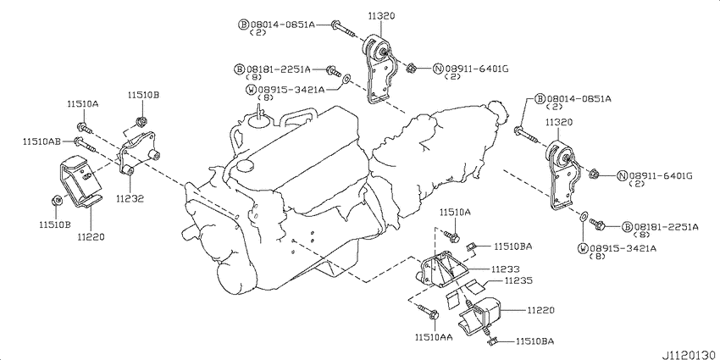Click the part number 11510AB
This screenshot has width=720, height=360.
tap(42, 142)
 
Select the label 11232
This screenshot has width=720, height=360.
tap(130, 199)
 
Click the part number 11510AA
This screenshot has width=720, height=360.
tap(434, 337)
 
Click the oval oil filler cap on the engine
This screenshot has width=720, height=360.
tap(245, 165)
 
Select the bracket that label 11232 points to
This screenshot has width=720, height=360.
tap(139, 154)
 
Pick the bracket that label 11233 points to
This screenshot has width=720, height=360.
tap(442, 269)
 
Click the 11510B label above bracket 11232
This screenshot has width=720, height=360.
tap(143, 95)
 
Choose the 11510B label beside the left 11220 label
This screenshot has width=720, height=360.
tap(54, 224)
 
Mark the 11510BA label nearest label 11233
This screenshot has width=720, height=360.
tap(513, 246)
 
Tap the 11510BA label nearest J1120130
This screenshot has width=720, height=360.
tap(534, 341)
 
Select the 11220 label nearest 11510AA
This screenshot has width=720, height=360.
tap(540, 310)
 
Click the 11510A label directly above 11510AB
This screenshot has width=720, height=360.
tap(83, 104)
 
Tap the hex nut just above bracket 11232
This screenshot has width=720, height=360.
tap(141, 122)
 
